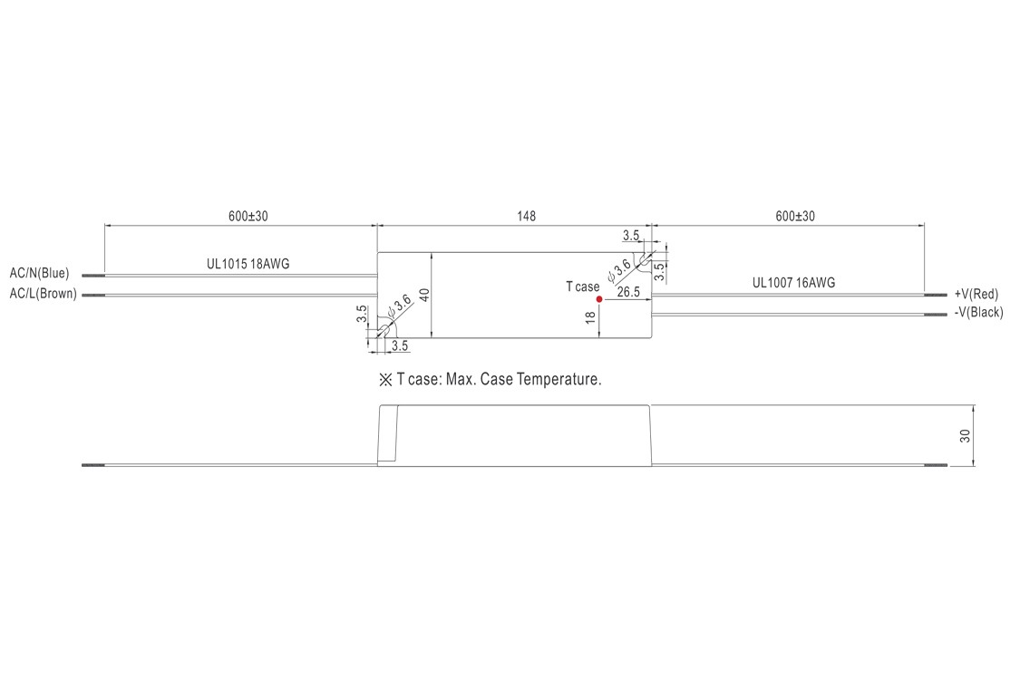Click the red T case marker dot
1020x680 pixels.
[x=599, y=298]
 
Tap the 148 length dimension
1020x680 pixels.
[x=527, y=216]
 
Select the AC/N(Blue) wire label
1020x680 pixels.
[x=39, y=273]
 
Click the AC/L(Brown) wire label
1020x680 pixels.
[x=43, y=294]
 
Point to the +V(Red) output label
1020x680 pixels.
[x=976, y=294]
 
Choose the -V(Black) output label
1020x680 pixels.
[x=978, y=313]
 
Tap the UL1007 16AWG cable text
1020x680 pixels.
[x=793, y=283]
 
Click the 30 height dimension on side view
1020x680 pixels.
[x=966, y=435]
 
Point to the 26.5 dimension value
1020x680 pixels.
[x=628, y=293]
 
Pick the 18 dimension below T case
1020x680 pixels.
[x=591, y=317]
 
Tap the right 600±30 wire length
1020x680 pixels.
[x=795, y=216]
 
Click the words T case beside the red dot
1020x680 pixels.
[x=582, y=287]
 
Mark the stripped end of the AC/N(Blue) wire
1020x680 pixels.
[x=93, y=274]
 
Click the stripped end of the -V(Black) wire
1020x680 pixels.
[x=935, y=315]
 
